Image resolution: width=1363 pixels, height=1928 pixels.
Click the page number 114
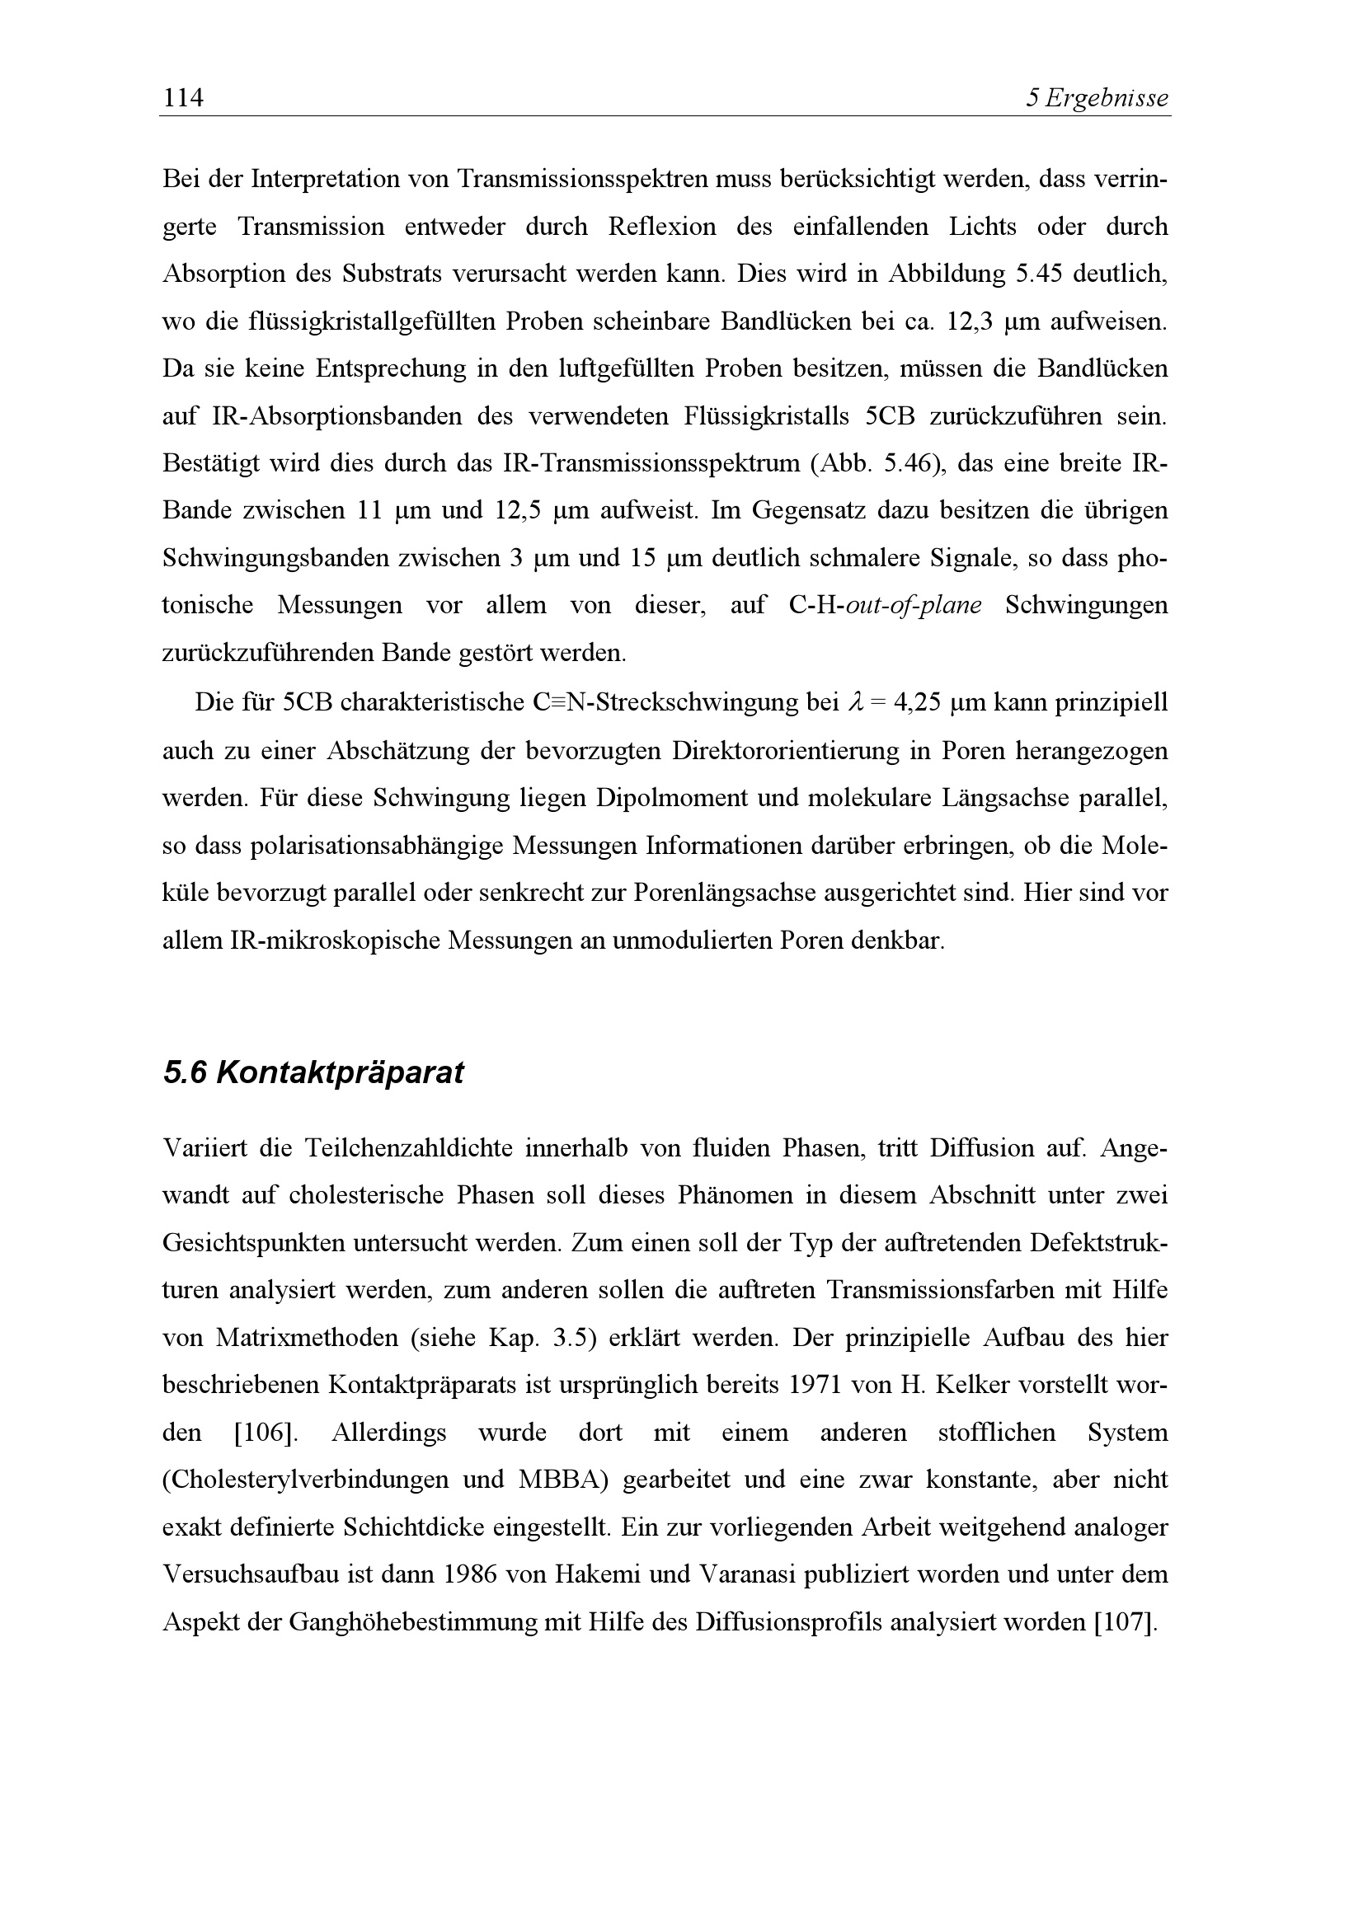tap(183, 98)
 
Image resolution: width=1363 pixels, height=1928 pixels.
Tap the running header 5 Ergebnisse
tap(1097, 98)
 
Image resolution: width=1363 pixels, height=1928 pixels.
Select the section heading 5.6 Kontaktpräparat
tap(313, 1072)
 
